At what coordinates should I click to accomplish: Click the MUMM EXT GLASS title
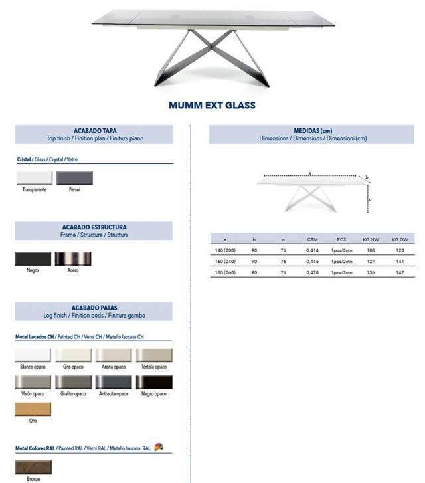(212, 105)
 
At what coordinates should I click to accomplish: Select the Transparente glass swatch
(34, 178)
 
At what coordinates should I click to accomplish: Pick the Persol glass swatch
(74, 178)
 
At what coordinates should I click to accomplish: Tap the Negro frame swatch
(33, 259)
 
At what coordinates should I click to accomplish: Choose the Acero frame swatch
(73, 259)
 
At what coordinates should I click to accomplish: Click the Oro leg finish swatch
(33, 409)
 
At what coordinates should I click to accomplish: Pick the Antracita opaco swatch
(114, 382)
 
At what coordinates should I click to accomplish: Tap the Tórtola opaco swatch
(154, 355)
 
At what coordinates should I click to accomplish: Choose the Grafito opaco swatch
(73, 382)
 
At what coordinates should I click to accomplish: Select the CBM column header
(312, 239)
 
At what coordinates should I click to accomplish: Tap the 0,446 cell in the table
(312, 261)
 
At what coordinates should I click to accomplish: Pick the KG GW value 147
(398, 273)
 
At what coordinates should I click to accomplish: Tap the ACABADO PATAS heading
(94, 308)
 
